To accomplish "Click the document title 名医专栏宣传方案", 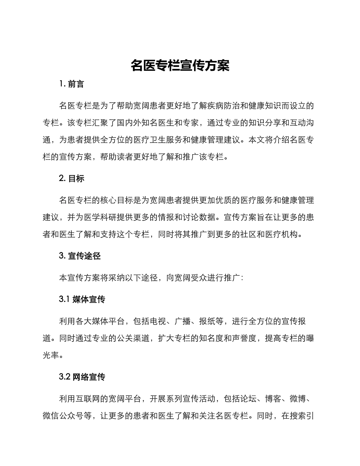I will coord(180,66).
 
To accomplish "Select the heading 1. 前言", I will coord(72,84).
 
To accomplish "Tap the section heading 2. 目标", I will coord(72,179).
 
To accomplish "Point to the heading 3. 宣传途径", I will coord(80,256).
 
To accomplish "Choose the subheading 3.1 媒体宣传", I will coord(82,299).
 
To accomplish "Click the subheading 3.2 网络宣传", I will coord(82,377).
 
